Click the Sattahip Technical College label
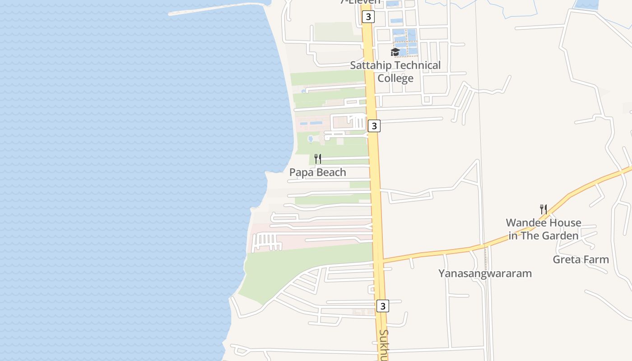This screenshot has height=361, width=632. pos(395,72)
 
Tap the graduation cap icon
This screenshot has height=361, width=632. pos(395,52)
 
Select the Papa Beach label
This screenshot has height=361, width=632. pos(317,172)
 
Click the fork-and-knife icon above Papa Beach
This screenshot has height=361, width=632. pos(318,159)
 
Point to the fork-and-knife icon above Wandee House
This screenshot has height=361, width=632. pos(544,209)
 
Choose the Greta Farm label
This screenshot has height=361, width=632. pos(581,259)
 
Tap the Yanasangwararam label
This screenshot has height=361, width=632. pos(485,273)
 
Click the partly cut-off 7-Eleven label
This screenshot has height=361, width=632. pos(360,2)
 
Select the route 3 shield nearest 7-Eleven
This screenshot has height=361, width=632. pos(368,17)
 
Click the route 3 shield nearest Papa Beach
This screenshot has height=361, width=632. pos(374,126)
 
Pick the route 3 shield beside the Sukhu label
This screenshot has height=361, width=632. pos(382,306)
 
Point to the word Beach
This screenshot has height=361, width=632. pos(331,172)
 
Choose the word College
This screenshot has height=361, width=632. pos(395,79)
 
